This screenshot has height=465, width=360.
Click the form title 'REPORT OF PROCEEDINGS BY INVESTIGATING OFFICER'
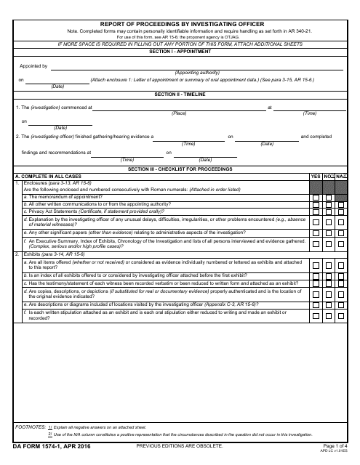click(180, 24)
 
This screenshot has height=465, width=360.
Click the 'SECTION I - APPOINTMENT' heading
click(180, 52)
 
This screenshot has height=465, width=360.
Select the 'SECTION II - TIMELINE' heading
click(180, 94)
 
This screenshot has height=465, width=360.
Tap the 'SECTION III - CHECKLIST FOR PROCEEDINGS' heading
click(180, 169)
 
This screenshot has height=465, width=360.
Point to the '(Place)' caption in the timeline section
click(179, 113)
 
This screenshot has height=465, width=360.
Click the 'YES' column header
click(316, 176)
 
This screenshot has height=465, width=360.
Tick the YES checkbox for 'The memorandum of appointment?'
click(316, 198)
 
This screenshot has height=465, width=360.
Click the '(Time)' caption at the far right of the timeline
click(310, 113)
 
